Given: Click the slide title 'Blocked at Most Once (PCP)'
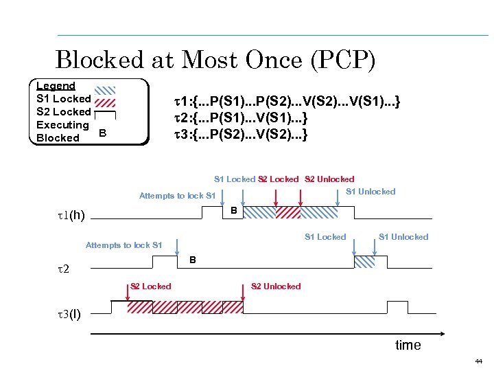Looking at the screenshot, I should (215, 60).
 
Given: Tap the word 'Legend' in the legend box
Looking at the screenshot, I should (56, 86).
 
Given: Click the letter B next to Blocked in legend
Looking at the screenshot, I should (102, 133).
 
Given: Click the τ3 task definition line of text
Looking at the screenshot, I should (242, 134).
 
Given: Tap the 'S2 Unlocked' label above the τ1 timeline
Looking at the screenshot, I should (329, 179).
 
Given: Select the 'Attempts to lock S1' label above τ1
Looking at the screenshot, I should (177, 196).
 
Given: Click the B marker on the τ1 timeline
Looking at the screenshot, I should (234, 210).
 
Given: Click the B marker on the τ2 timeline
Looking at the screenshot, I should (193, 260).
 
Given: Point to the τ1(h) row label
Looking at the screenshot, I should (71, 216).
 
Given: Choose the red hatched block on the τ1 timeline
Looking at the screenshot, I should (289, 212).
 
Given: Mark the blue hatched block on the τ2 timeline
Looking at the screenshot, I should (364, 262).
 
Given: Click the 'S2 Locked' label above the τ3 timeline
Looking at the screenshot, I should (151, 286).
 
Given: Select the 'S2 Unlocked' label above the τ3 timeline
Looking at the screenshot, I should (276, 286).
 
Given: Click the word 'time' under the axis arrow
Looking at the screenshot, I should (408, 345).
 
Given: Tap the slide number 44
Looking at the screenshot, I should (478, 361).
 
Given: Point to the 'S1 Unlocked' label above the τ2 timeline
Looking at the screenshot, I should (403, 237).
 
